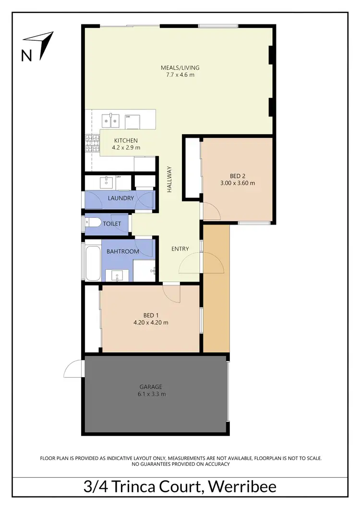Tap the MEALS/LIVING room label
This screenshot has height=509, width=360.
(180, 67)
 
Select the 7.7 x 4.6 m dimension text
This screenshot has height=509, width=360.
(180, 74)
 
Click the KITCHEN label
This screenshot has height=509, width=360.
(126, 140)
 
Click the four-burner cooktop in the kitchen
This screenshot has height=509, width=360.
(91, 142)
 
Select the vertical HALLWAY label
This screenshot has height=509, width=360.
(169, 179)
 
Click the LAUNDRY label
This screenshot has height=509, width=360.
(120, 198)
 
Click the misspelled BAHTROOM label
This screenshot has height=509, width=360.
(122, 251)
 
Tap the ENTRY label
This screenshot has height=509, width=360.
(180, 249)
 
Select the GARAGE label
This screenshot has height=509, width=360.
(151, 387)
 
